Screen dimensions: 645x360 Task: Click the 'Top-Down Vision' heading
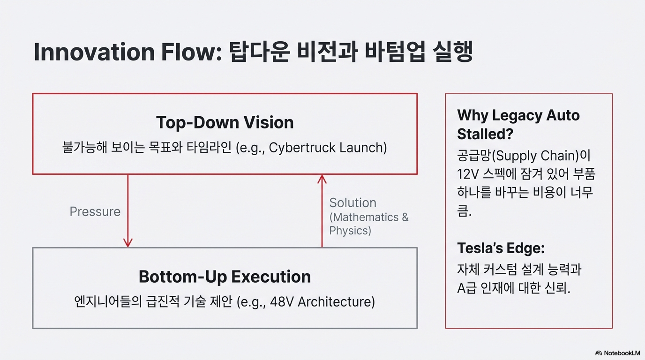(225, 123)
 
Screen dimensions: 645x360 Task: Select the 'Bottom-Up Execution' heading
(225, 277)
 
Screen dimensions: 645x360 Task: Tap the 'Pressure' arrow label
(95, 211)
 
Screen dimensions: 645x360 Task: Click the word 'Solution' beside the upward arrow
(352, 203)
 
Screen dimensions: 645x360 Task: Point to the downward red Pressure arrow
(127, 211)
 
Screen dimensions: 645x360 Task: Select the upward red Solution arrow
(322, 211)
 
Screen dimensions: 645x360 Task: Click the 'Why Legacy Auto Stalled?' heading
(518, 125)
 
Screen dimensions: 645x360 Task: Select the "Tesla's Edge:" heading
(501, 248)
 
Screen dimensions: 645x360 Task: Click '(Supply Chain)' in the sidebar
(532, 156)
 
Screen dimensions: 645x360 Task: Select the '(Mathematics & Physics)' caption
(368, 224)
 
